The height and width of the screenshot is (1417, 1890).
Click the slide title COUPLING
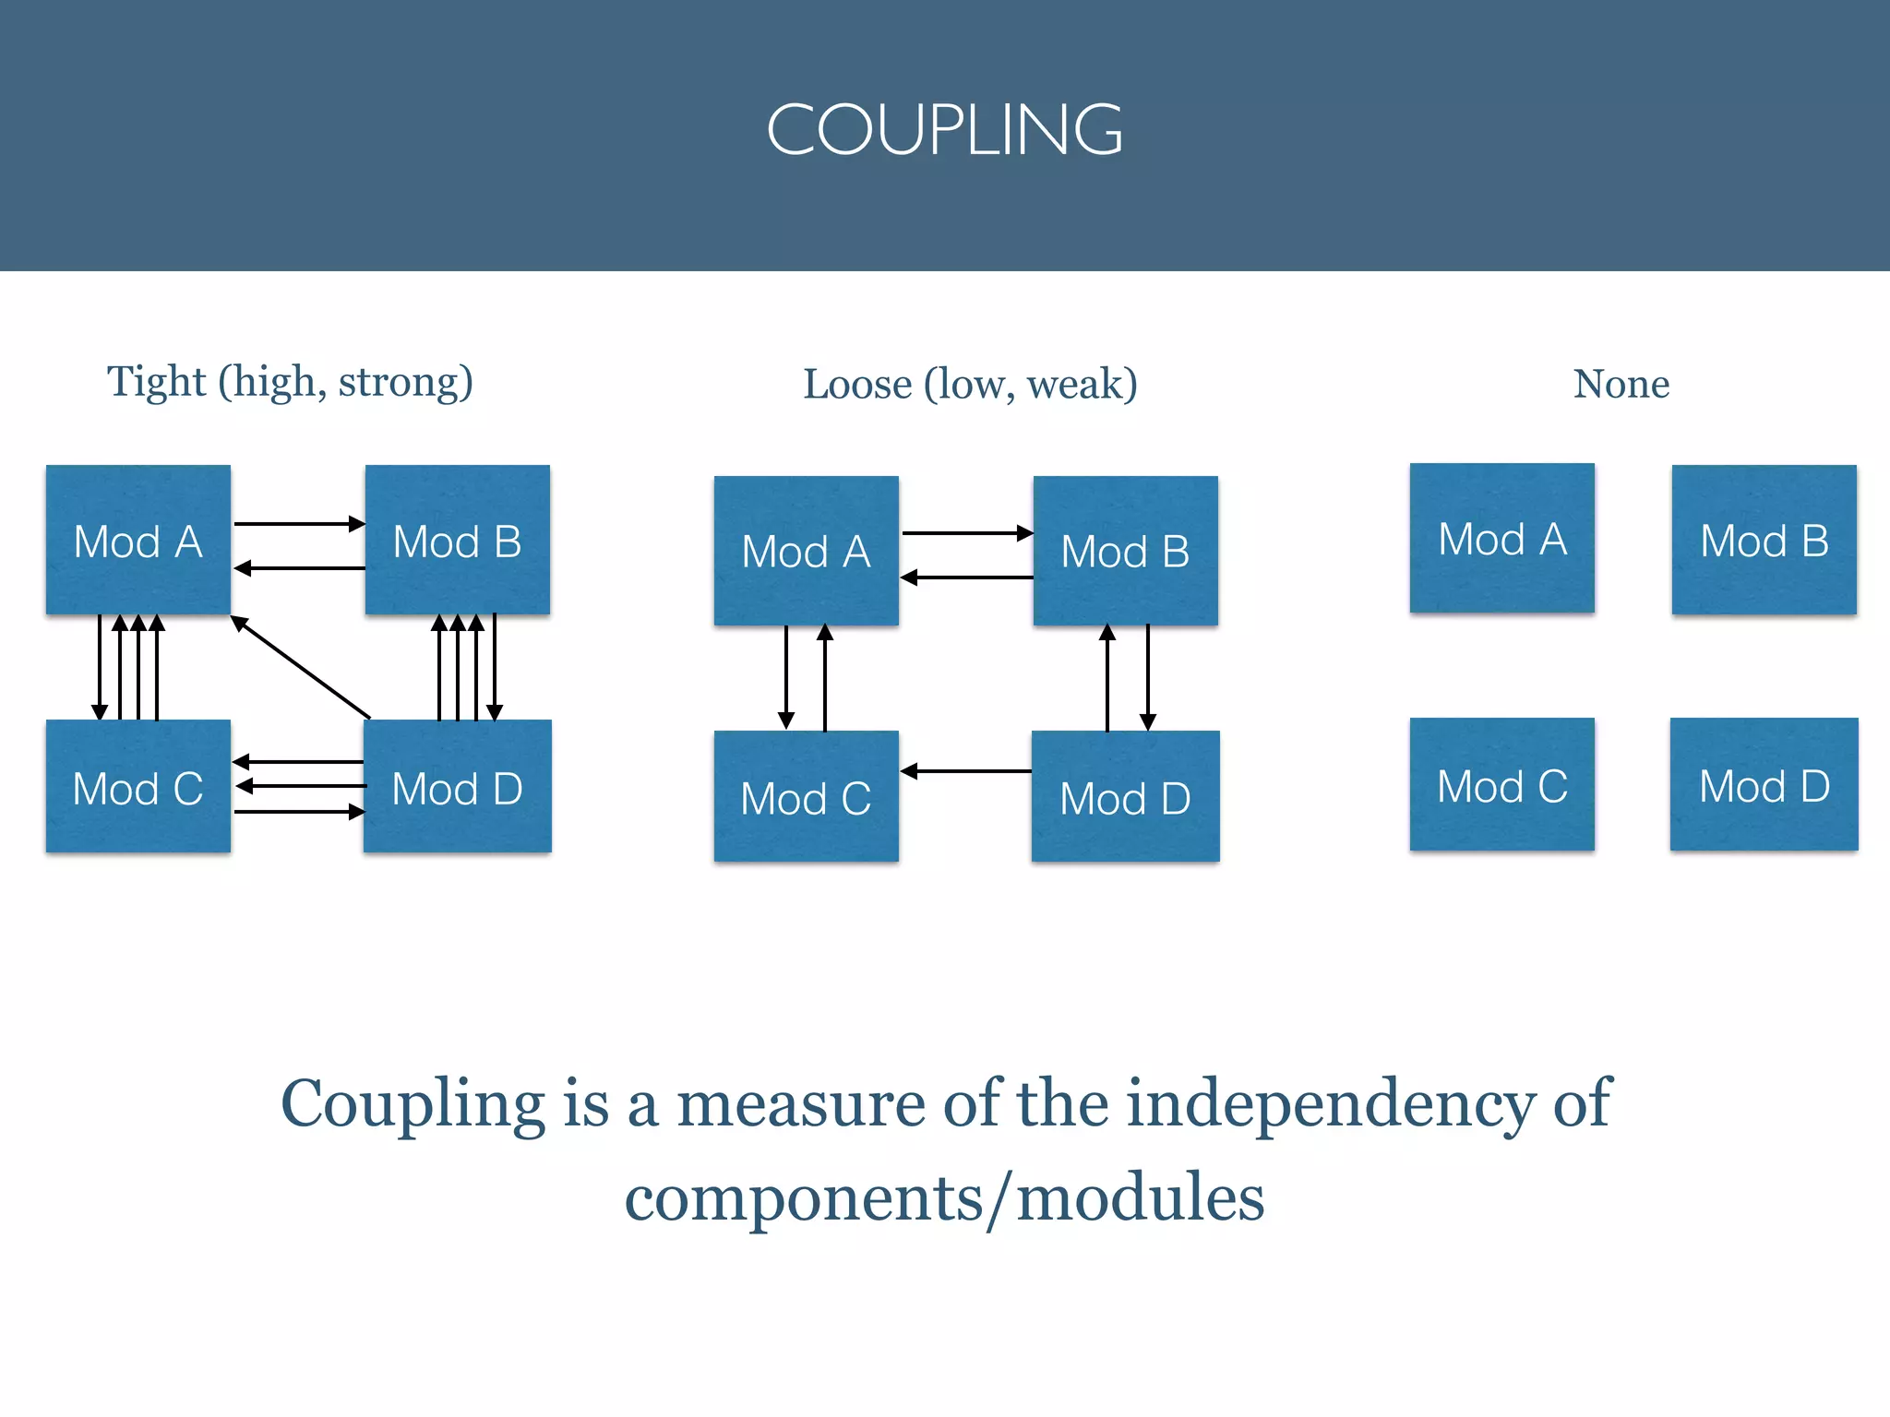tap(944, 129)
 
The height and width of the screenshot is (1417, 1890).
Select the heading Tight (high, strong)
tap(290, 382)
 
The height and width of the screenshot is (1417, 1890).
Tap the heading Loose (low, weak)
tap(970, 384)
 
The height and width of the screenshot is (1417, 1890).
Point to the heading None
tap(1621, 384)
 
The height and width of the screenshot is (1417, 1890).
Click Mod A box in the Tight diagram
tap(138, 540)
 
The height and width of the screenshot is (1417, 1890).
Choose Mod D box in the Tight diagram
tap(457, 787)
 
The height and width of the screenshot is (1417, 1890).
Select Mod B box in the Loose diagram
tap(1125, 551)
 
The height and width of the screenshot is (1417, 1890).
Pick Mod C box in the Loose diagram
tap(806, 797)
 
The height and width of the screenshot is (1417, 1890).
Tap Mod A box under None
tap(1501, 538)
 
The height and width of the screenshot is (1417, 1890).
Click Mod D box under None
tap(1764, 785)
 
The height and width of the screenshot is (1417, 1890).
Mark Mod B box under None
tap(1764, 540)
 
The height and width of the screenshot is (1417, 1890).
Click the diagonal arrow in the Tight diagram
tap(300, 666)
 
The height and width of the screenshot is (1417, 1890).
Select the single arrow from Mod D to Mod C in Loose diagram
tap(965, 771)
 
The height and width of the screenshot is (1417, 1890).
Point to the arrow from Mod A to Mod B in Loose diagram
tap(965, 533)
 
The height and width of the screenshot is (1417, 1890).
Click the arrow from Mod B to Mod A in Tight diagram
tap(299, 568)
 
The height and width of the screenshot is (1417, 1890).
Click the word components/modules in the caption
tap(944, 1198)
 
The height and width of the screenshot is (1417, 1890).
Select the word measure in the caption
tap(800, 1104)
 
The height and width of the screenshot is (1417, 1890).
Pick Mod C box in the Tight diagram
tap(138, 787)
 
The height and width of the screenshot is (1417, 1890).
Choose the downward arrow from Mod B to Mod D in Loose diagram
tap(1147, 677)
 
